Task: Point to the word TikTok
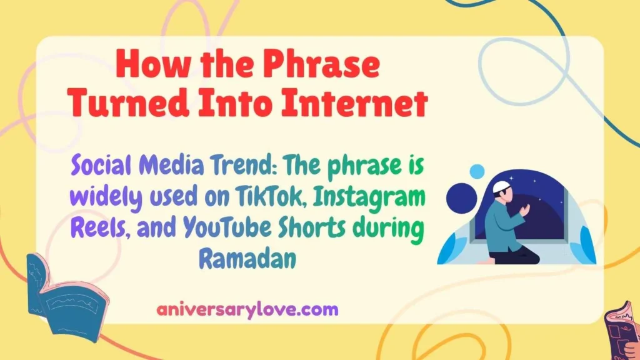(x=275, y=198)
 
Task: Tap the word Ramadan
(x=246, y=257)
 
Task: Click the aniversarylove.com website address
(x=247, y=309)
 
